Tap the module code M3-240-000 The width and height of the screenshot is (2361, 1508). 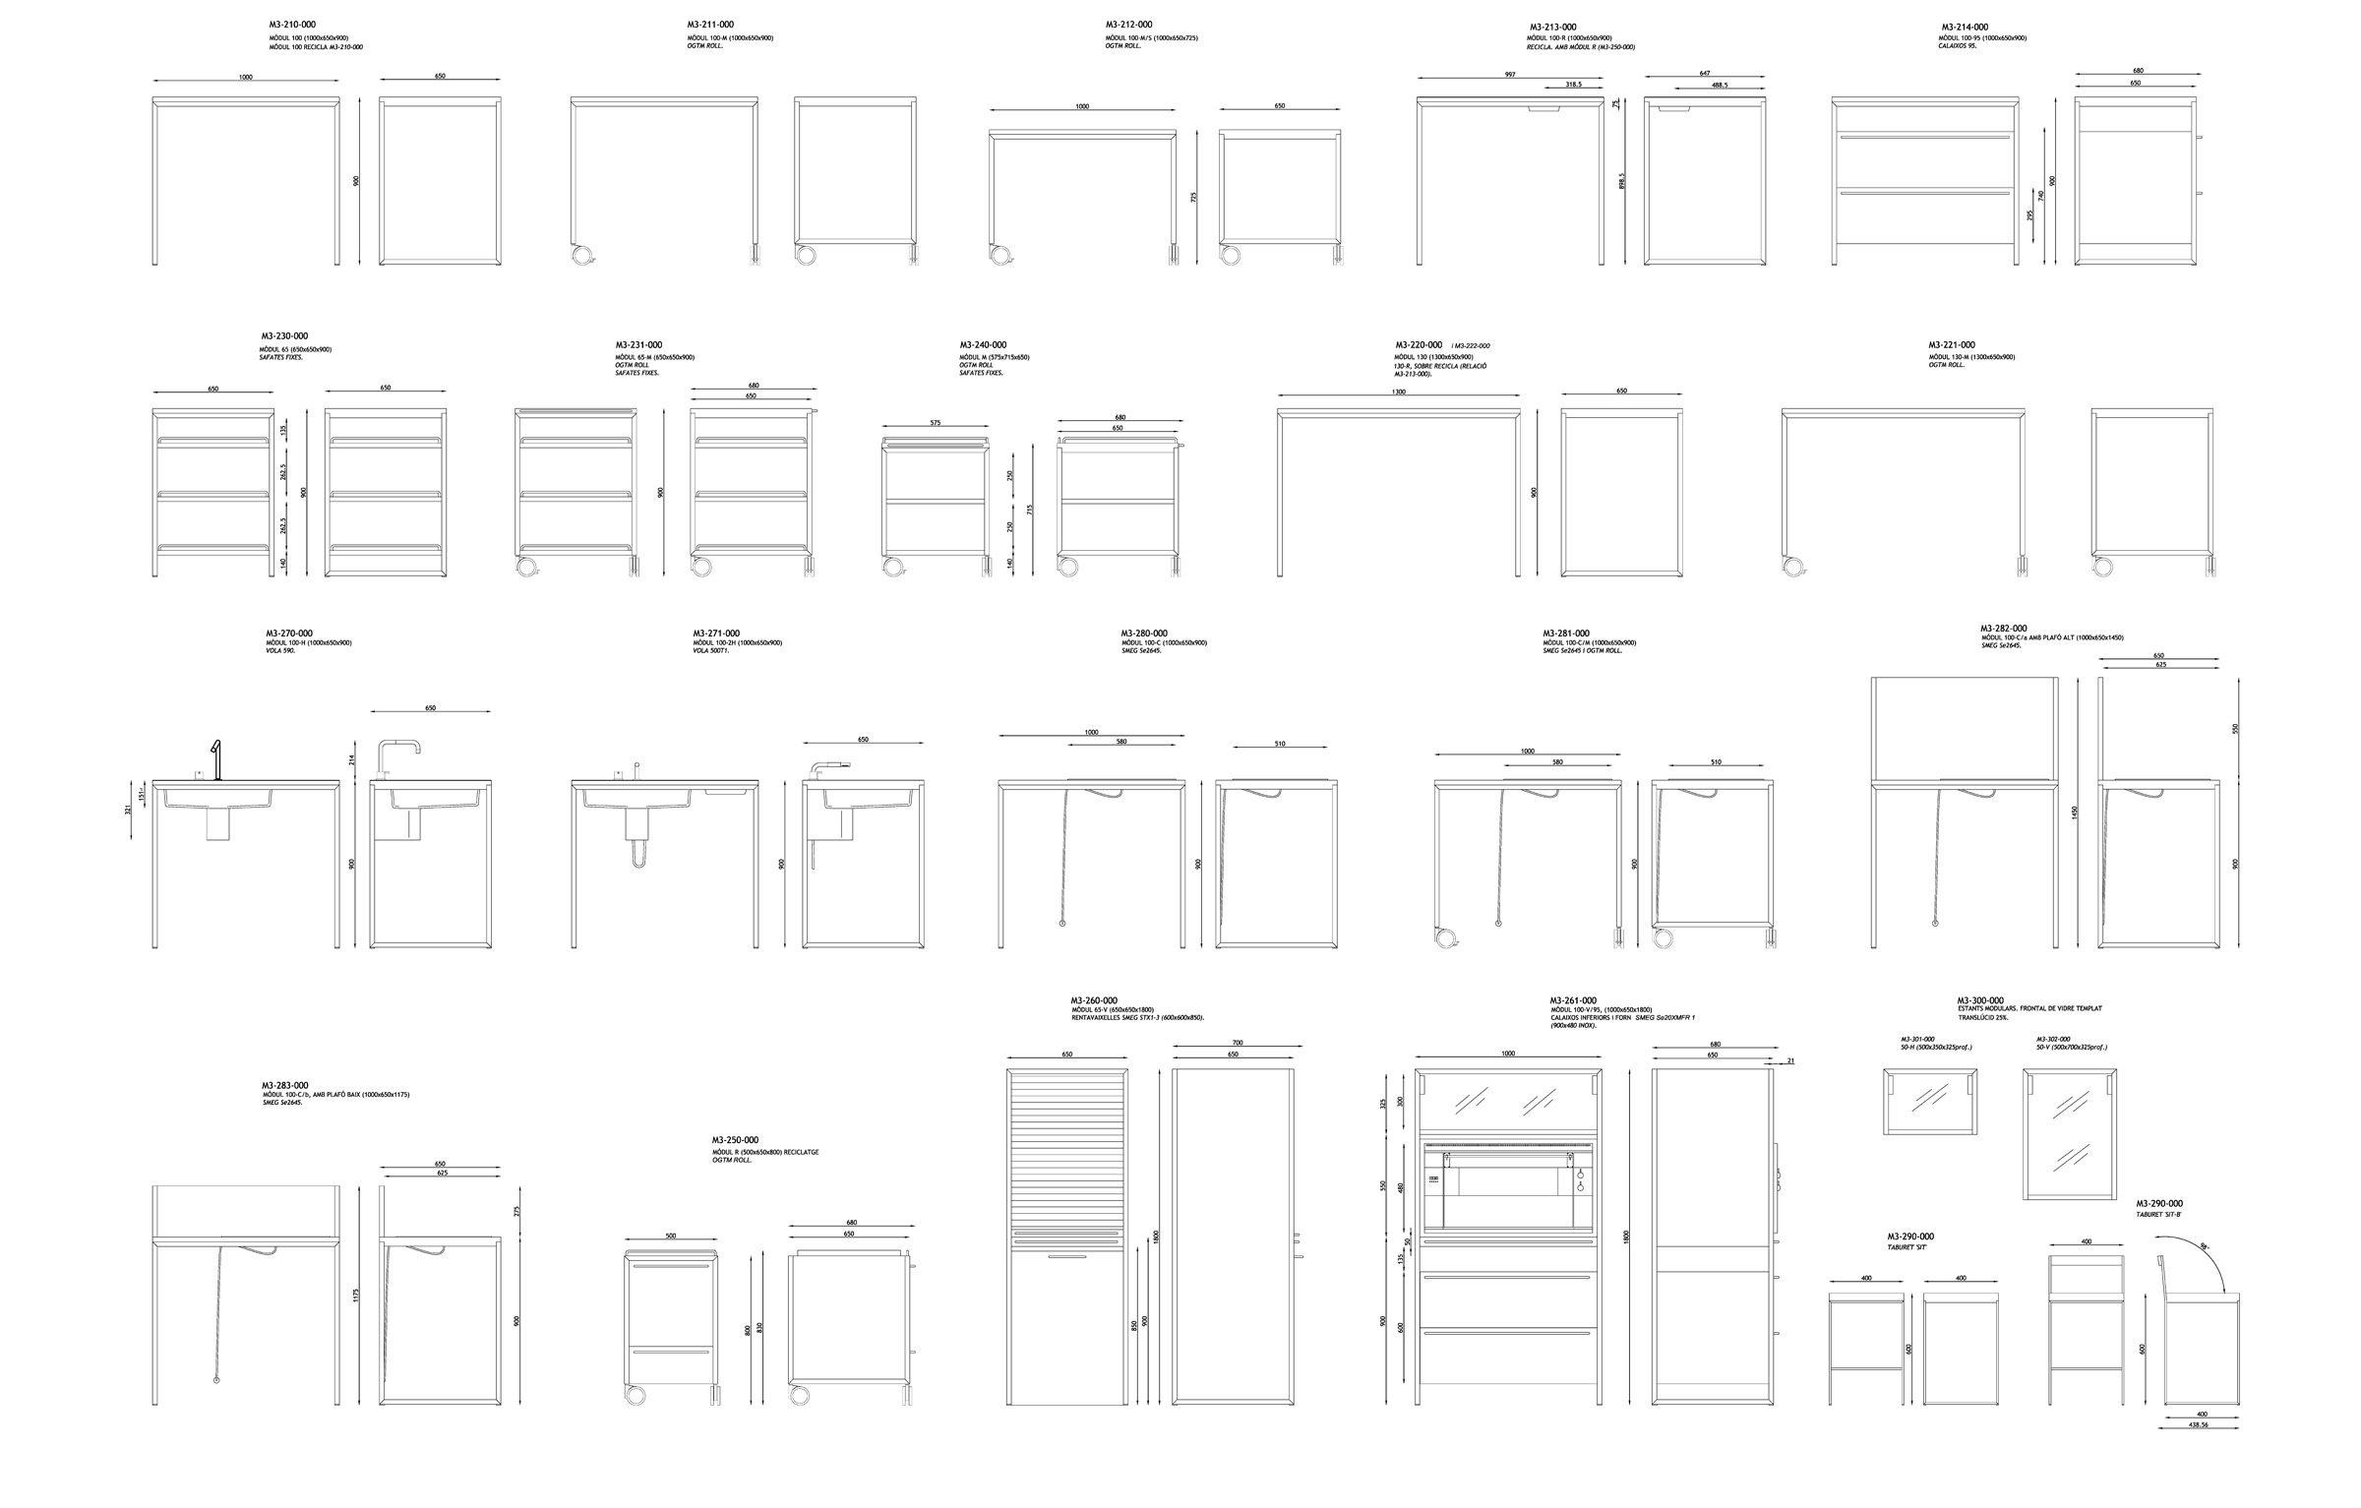point(983,345)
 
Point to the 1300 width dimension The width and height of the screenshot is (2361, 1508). point(1398,392)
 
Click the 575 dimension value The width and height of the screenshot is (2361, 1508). point(935,423)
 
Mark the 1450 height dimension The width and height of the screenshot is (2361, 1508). point(2075,813)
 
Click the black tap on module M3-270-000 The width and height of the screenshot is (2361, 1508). point(217,758)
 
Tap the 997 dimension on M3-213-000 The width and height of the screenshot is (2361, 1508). point(1509,74)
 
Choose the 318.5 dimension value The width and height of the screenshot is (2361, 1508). point(1573,84)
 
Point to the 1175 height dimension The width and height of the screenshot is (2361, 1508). point(356,1296)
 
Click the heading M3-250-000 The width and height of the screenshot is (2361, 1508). point(735,1140)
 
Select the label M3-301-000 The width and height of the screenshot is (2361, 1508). point(1917,1039)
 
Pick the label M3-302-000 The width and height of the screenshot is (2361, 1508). point(2053,1039)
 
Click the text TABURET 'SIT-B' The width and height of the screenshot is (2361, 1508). point(2155,1214)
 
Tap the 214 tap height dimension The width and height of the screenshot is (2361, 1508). point(351,759)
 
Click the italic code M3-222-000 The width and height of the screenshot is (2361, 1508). point(1472,346)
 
